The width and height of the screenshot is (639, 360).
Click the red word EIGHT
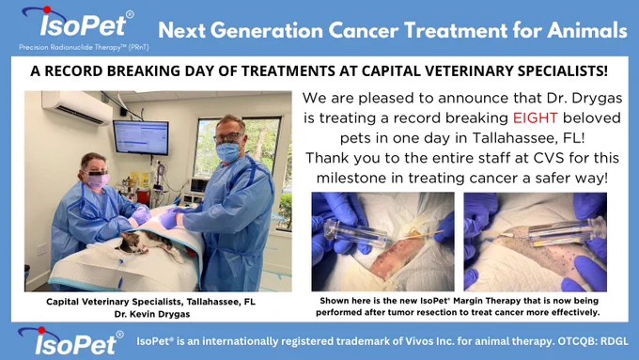535,117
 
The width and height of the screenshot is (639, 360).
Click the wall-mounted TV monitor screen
141,137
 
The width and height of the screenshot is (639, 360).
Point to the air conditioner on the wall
77,107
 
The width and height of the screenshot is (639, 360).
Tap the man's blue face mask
227,152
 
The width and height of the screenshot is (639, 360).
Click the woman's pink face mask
98,180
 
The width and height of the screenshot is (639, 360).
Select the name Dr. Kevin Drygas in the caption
152,314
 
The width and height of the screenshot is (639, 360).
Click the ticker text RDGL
615,341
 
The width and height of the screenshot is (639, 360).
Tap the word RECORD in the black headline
73,70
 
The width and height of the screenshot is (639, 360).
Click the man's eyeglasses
228,138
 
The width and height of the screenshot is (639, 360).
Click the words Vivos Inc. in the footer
429,341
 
